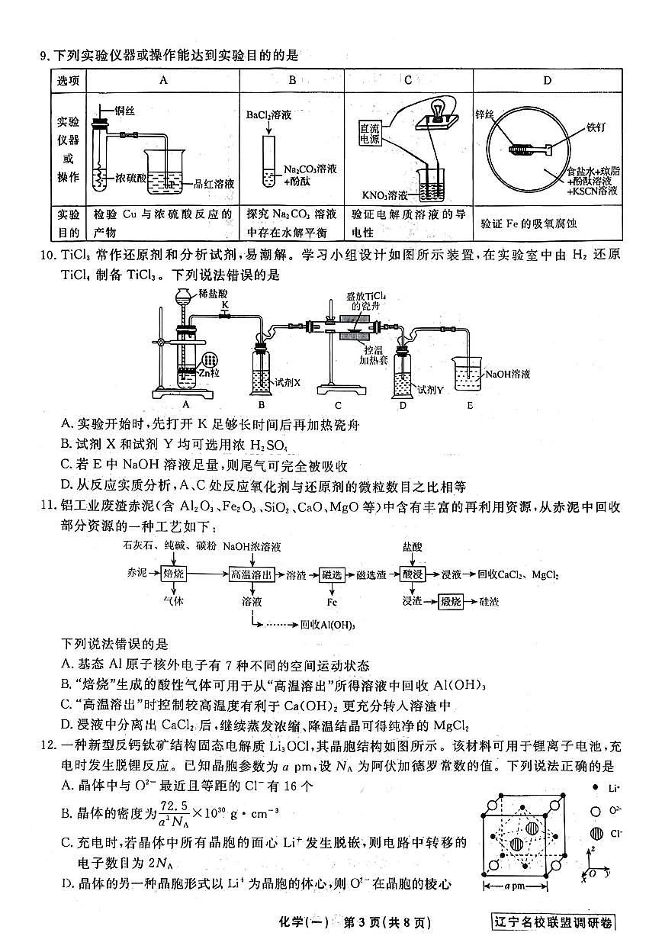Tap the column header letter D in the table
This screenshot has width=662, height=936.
[x=546, y=79]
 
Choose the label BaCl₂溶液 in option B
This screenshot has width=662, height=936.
[x=265, y=115]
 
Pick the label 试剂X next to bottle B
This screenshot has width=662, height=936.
[x=287, y=381]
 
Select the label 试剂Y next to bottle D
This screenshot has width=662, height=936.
[x=431, y=389]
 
